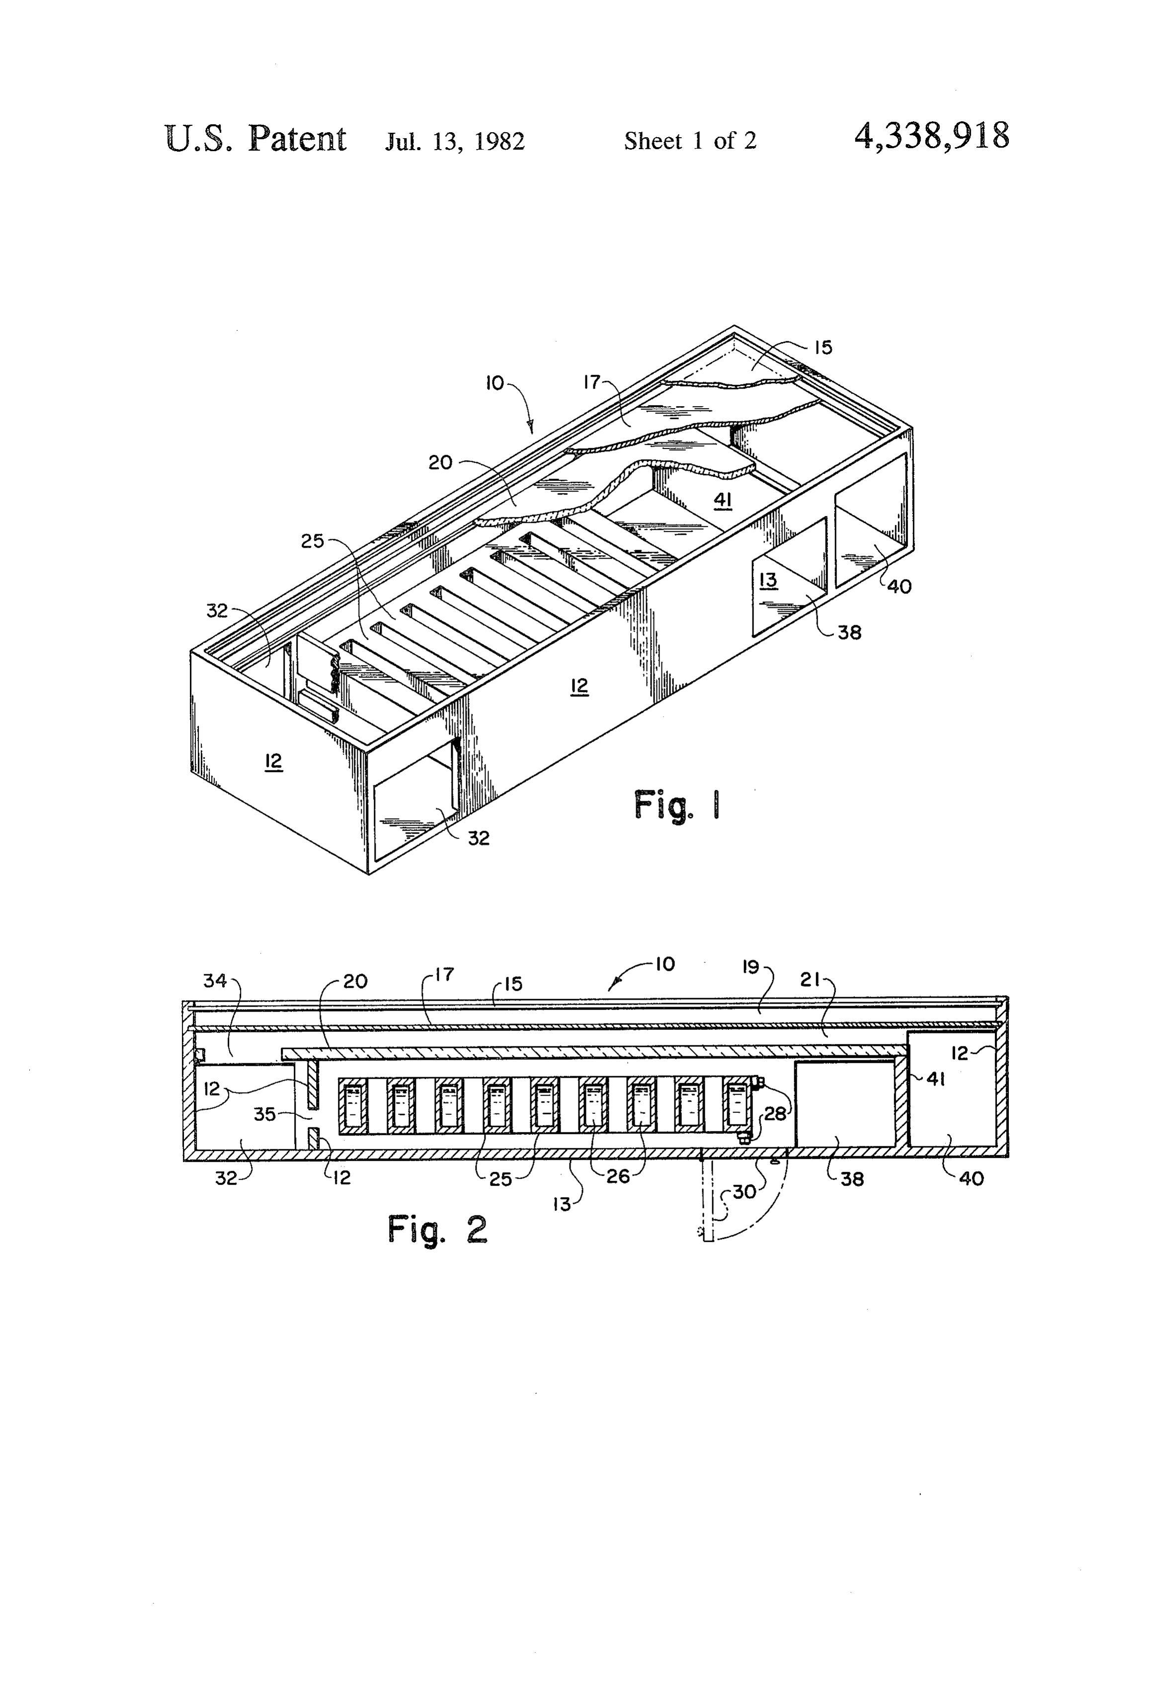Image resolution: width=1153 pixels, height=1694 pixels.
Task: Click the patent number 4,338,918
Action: pos(931,136)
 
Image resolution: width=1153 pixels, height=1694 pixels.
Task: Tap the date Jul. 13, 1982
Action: pos(455,141)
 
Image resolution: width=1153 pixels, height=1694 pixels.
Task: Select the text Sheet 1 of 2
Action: pos(690,140)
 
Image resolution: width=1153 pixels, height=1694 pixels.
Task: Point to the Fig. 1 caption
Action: pos(677,805)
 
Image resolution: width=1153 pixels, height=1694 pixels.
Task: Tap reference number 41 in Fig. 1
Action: pos(723,500)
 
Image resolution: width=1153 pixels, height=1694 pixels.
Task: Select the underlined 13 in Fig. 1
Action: pos(768,580)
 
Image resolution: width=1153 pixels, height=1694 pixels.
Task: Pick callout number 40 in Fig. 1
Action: pos(900,586)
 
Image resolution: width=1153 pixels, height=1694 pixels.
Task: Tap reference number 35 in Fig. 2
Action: pos(264,1114)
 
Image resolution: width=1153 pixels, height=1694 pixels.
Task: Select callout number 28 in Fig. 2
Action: pos(775,1114)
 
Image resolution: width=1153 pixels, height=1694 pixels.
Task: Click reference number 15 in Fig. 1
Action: pos(824,347)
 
